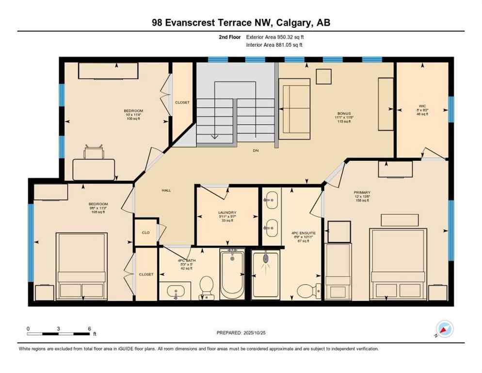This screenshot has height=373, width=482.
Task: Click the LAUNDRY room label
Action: click(227, 213)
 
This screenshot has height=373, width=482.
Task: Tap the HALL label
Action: click(167, 190)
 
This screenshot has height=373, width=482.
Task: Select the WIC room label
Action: click(422, 105)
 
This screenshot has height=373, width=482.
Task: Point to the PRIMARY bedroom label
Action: click(361, 192)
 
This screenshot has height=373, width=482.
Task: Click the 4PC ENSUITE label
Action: click(303, 233)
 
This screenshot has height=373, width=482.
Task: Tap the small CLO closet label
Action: click(145, 232)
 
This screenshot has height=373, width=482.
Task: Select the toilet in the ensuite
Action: click(305, 290)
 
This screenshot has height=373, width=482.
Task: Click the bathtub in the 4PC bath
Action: click(233, 275)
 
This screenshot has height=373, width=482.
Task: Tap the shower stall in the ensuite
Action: click(265, 274)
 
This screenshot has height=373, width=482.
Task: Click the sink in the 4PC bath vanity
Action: click(175, 292)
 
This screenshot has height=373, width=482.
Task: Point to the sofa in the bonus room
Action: click(294, 102)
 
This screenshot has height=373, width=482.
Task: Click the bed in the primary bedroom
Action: click(398, 265)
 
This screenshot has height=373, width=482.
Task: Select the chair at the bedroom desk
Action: click(94, 153)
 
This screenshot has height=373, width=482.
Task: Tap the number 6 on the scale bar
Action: click(90, 329)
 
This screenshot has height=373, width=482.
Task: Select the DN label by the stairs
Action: click(256, 151)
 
